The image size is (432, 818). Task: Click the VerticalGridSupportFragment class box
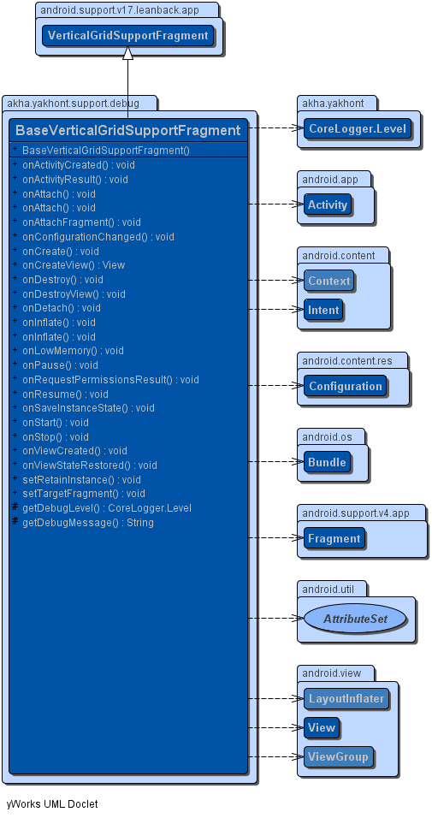[x=127, y=35]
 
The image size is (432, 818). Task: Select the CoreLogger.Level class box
[x=358, y=129]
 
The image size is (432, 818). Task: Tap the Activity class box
[x=327, y=204]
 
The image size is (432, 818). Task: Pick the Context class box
[x=328, y=281]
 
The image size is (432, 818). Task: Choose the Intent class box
[x=323, y=310]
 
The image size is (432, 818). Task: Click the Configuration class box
[x=346, y=386]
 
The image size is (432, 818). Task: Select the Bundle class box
[x=327, y=462]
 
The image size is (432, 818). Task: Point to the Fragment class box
[x=334, y=538]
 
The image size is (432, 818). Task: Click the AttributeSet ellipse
[x=355, y=619]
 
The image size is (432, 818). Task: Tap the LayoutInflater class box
[x=346, y=698]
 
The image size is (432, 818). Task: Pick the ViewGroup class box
[x=339, y=756]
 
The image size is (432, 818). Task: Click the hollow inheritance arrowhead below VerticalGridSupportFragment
[x=127, y=52]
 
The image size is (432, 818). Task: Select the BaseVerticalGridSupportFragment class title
[x=127, y=130]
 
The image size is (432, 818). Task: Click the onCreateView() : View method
[x=74, y=265]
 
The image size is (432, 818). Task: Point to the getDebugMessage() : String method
[x=87, y=522]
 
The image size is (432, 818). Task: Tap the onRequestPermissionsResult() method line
[x=110, y=379]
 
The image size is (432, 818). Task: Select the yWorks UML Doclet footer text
[x=52, y=804]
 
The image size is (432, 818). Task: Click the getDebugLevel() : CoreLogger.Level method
[x=106, y=507]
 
